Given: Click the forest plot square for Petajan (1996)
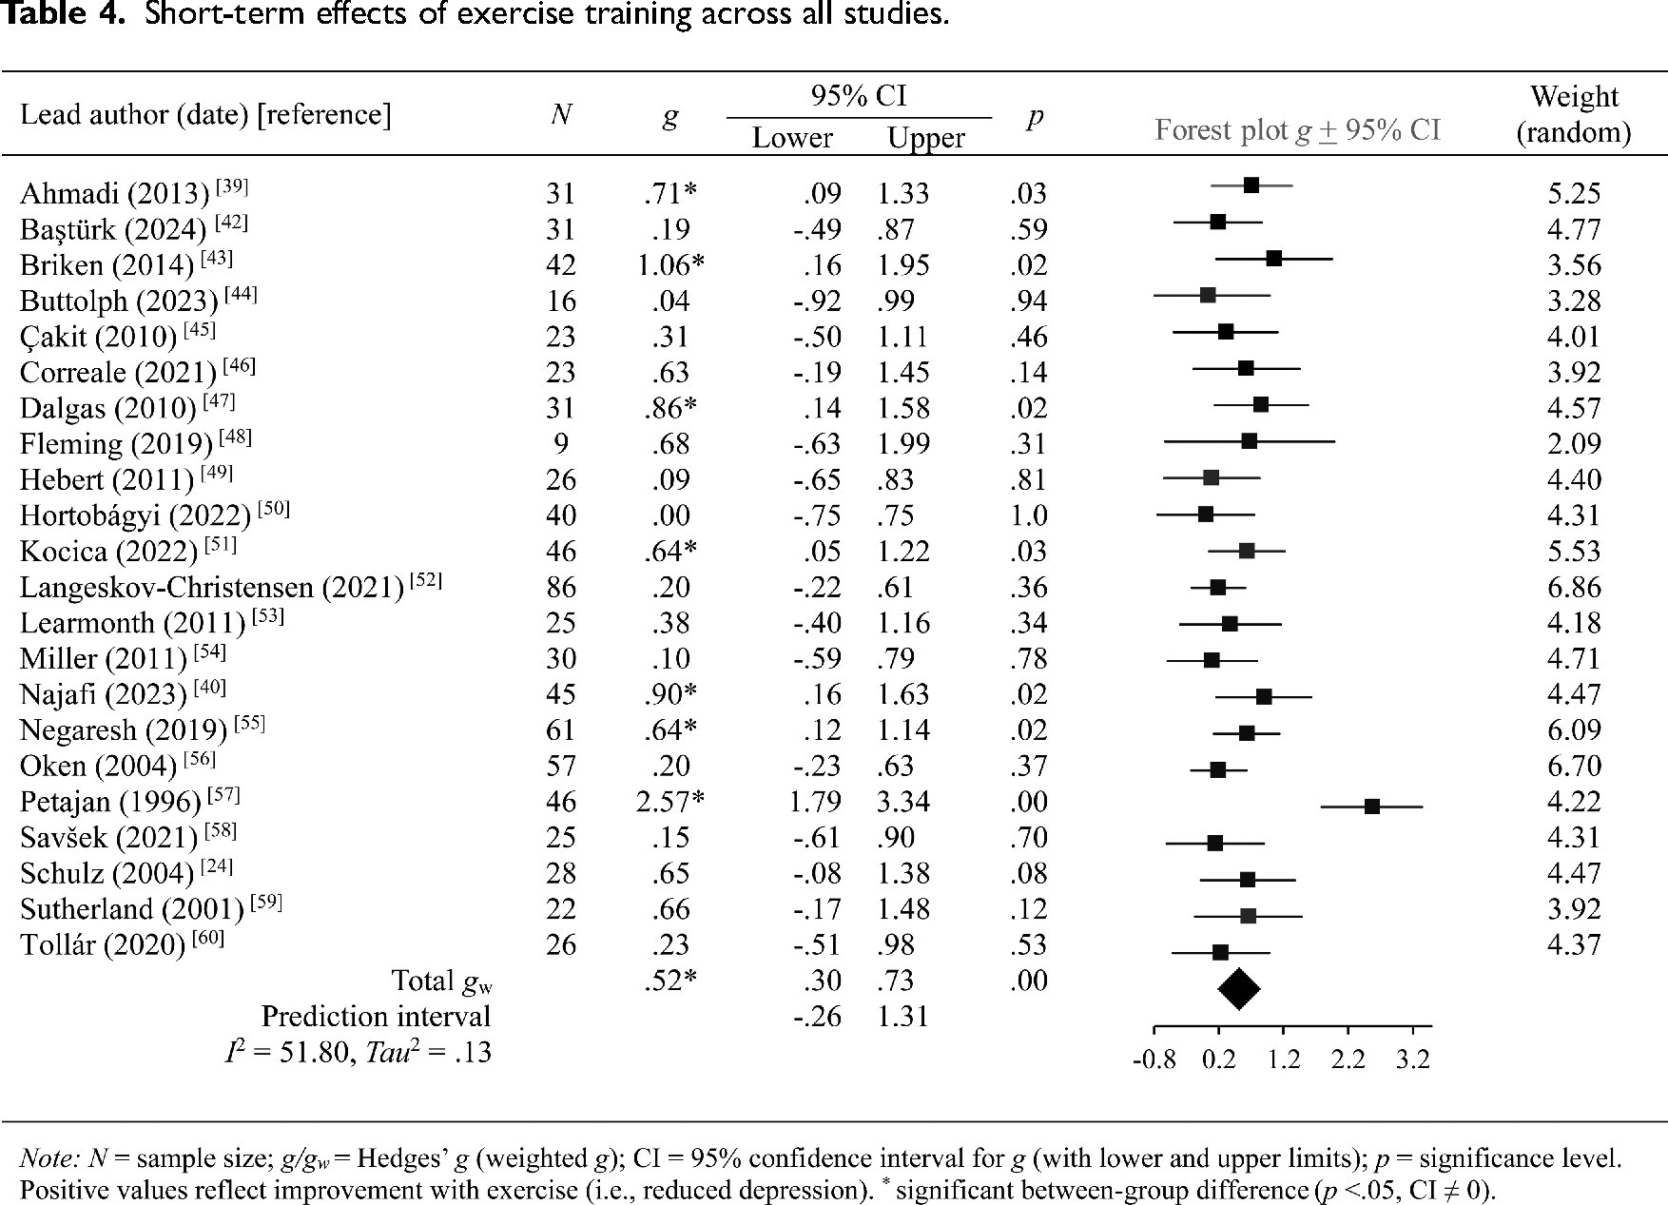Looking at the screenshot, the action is (x=1371, y=807).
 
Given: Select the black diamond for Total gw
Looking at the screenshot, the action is (x=1239, y=988).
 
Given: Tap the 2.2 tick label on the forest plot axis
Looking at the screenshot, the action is (x=1348, y=1059).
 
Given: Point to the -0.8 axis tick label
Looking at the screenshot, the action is (x=1154, y=1059).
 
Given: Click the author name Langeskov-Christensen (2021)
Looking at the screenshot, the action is (x=212, y=588).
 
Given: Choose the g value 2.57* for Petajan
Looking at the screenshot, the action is (x=670, y=802).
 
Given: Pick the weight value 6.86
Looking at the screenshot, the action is (x=1574, y=587).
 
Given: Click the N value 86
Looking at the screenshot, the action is (x=561, y=587).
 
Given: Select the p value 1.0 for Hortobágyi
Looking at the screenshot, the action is (x=1028, y=515).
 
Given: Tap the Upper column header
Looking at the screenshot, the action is (x=926, y=138).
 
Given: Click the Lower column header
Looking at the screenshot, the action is (x=792, y=138).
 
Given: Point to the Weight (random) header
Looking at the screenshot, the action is (x=1574, y=114).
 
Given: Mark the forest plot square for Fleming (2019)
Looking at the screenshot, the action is (x=1249, y=440).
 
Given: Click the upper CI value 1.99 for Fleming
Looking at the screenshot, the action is (x=903, y=444).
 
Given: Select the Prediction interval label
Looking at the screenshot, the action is (x=377, y=1017).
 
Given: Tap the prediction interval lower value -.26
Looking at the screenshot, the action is (x=818, y=1017).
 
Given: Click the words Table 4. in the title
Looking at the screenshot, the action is (x=64, y=15).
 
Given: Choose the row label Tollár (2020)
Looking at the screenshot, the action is (x=103, y=945).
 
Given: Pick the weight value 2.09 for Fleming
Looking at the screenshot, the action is (x=1574, y=444).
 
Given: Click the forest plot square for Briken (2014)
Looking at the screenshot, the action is (x=1273, y=258).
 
